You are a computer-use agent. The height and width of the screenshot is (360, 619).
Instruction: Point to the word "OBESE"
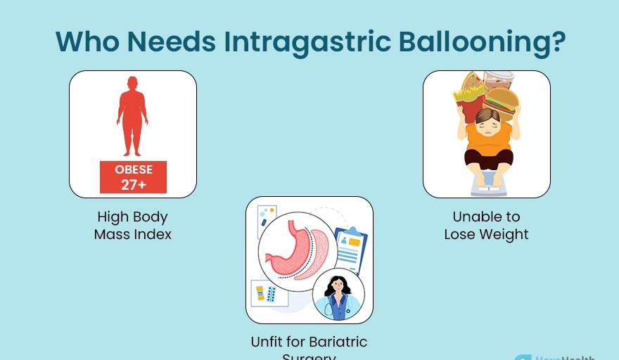point(133,169)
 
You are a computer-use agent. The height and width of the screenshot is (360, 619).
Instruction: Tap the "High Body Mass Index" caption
point(133,226)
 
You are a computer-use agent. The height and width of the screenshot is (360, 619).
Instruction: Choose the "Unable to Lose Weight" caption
point(486,226)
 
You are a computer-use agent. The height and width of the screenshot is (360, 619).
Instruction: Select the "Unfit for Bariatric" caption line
point(309,342)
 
